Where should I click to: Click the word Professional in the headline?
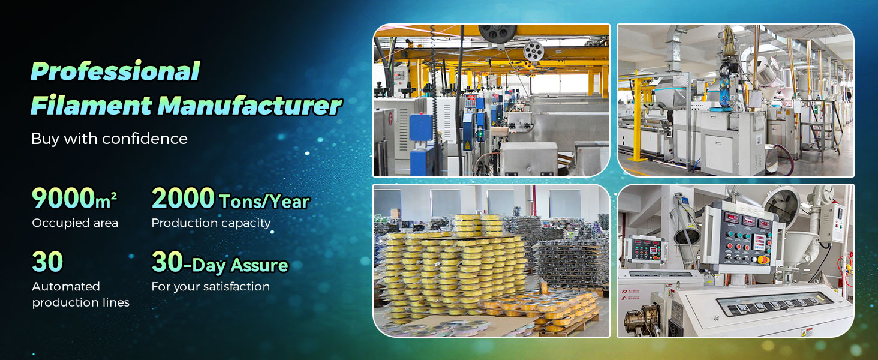tap(115, 71)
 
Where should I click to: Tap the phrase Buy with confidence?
tap(109, 139)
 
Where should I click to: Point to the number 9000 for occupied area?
tap(61, 198)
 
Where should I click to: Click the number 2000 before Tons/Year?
tap(183, 198)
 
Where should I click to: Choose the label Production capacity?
tap(211, 223)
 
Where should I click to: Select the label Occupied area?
tap(75, 223)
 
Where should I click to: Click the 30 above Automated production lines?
tap(47, 262)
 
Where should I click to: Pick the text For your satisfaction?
tap(211, 286)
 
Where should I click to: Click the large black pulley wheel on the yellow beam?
tap(497, 32)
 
